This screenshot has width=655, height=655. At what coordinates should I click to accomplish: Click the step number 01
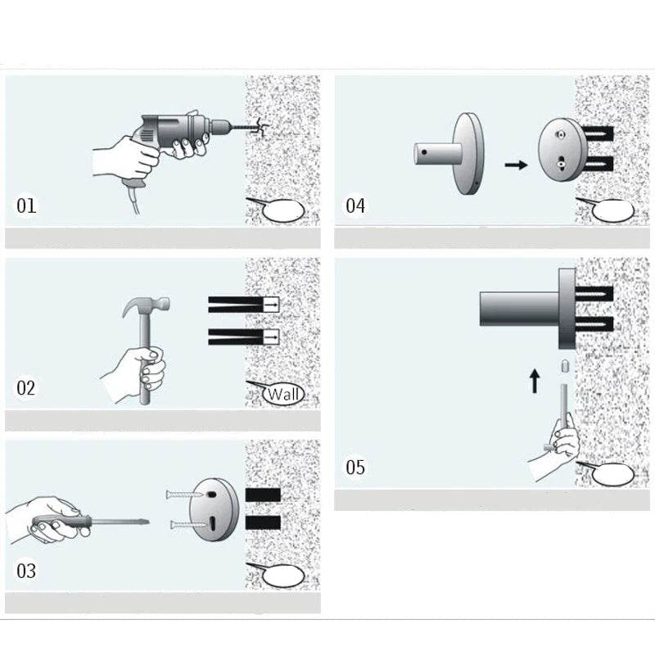tap(27, 205)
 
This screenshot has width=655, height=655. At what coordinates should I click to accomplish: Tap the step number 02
tap(27, 387)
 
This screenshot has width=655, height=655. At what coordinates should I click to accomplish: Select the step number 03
tap(27, 570)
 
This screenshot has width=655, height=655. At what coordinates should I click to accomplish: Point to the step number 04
tap(355, 206)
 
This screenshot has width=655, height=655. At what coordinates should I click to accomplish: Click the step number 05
tap(355, 468)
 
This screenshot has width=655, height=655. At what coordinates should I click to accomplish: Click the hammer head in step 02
tap(147, 308)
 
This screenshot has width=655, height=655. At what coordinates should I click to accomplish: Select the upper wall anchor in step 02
tap(243, 305)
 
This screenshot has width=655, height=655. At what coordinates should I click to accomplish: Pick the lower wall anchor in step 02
tap(243, 336)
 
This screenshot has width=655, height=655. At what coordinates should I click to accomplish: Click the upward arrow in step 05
tap(535, 381)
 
